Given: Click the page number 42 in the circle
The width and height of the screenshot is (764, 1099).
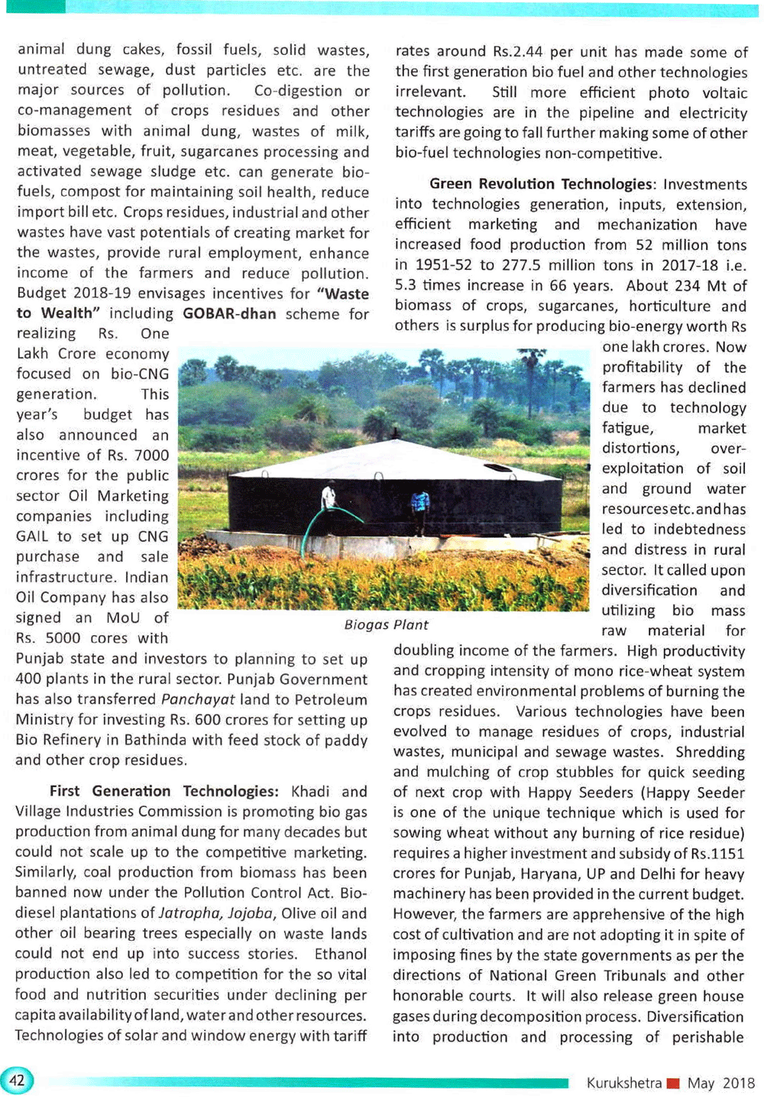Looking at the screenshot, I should click(x=17, y=1080).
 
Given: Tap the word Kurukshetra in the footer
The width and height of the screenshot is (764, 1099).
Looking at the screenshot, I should click(x=623, y=1083).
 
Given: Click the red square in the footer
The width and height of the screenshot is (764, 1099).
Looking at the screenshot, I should click(x=673, y=1083).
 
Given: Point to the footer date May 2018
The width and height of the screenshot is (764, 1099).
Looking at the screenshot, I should click(x=720, y=1083).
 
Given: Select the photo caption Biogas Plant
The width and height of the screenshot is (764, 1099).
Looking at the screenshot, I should click(x=386, y=624).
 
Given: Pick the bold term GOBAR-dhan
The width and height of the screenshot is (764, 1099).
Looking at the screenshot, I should click(x=229, y=313).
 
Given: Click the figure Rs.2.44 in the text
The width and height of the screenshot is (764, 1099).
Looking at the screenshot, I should click(x=517, y=52).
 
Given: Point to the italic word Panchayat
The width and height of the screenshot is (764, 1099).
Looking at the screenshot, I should click(x=197, y=699).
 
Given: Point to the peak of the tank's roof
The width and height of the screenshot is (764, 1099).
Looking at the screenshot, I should click(x=394, y=437).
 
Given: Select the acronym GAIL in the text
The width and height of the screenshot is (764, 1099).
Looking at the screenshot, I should click(x=33, y=537).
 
